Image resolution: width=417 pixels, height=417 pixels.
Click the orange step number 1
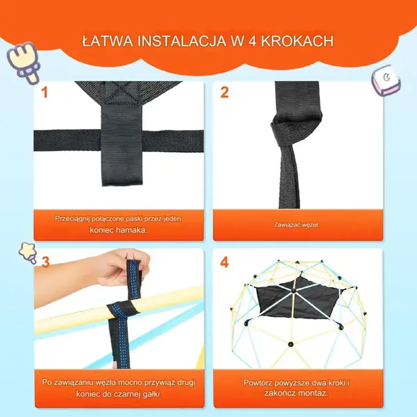44,93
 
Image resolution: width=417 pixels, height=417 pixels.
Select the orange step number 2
224,93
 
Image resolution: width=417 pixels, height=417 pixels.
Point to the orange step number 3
45,262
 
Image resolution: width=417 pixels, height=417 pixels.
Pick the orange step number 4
224,262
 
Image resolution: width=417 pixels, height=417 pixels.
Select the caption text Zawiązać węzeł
296,225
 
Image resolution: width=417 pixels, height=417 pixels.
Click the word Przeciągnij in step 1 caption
72,219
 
